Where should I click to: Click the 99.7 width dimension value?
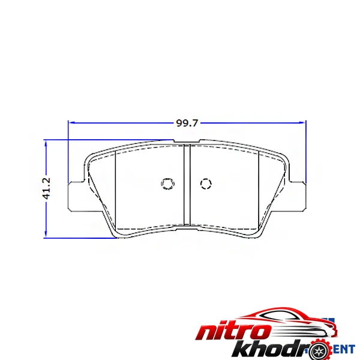point(187,123)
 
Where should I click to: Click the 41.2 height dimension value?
point(46,188)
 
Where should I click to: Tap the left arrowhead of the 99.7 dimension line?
point(72,123)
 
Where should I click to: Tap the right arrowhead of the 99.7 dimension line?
point(302,123)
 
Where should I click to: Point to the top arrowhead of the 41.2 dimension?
point(46,144)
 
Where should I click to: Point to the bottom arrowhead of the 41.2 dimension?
point(46,233)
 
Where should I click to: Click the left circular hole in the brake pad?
point(167,184)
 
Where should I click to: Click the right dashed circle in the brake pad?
point(206,184)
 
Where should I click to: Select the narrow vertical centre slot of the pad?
point(187,185)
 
